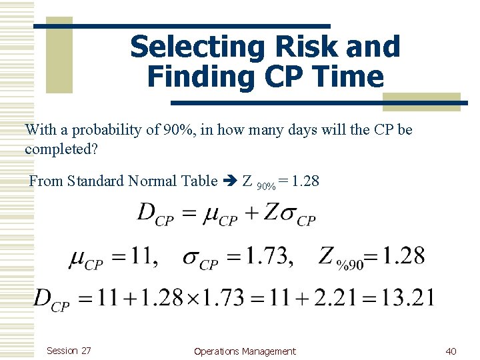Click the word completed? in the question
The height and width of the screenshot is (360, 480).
(61, 149)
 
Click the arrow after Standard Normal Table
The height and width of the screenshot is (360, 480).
(229, 181)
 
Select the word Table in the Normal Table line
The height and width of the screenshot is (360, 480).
(199, 181)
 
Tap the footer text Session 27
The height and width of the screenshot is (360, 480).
(69, 351)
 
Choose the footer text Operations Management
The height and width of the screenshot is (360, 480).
(245, 351)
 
